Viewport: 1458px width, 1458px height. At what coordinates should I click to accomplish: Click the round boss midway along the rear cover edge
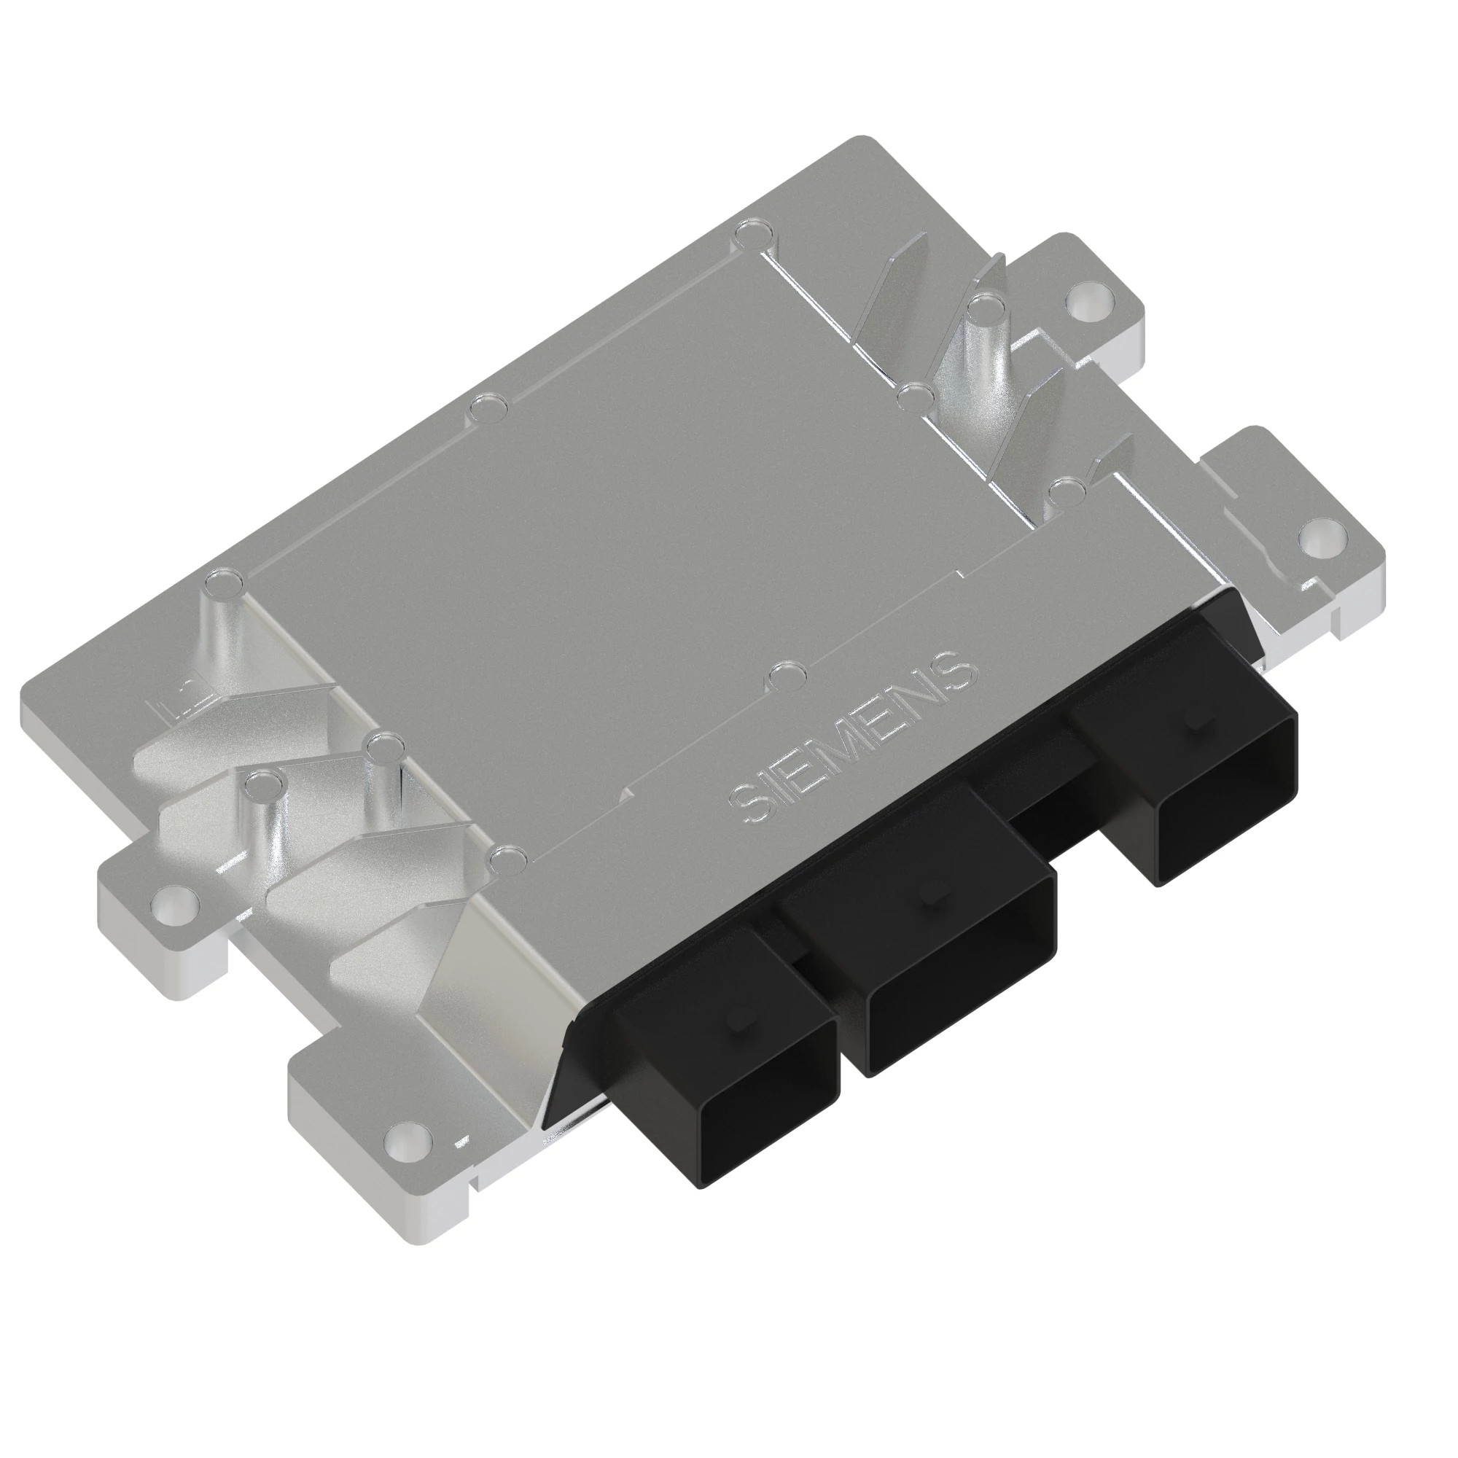click(488, 412)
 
